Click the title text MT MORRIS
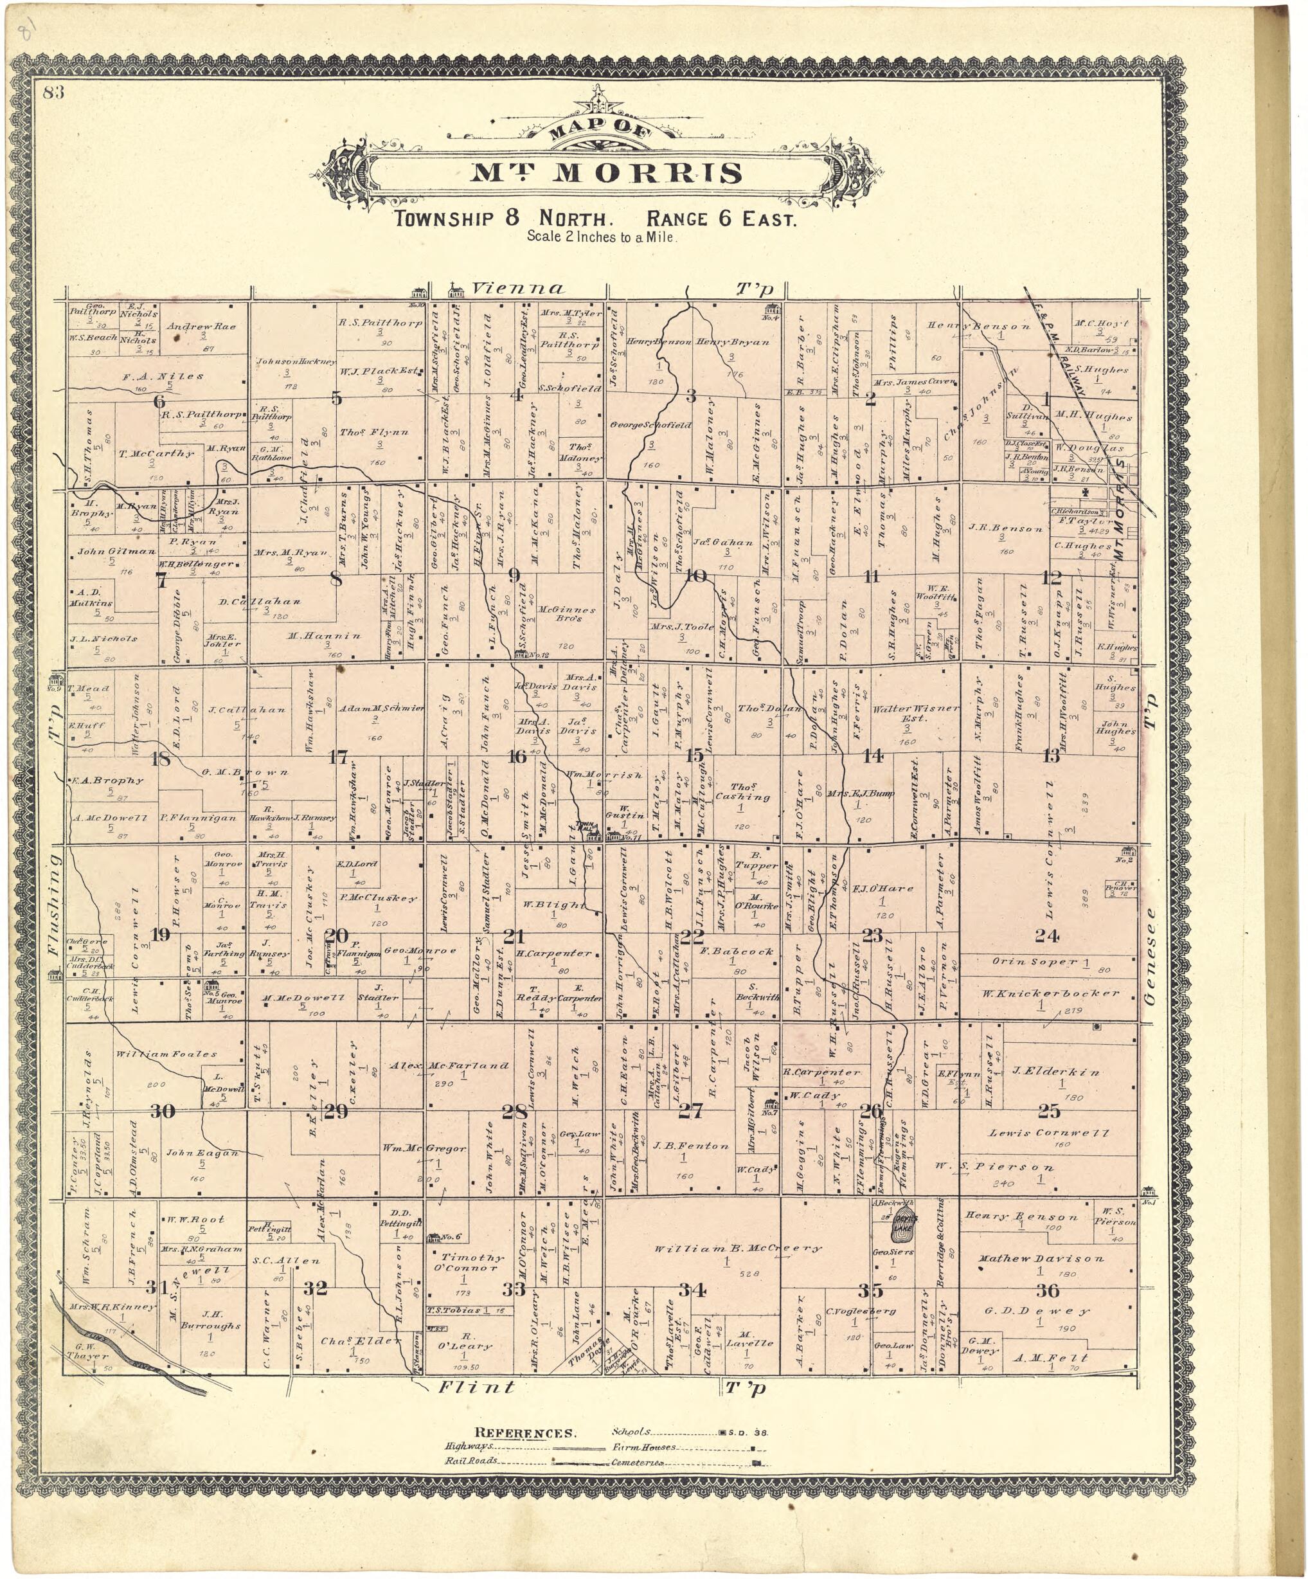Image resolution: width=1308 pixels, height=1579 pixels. click(x=606, y=173)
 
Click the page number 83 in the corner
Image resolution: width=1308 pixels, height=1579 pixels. click(x=53, y=93)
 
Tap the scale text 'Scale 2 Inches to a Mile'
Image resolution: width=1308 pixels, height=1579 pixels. click(x=602, y=236)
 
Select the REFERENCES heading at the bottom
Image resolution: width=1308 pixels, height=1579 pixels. click(x=524, y=1433)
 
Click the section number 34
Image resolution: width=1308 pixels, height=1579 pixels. click(x=691, y=1290)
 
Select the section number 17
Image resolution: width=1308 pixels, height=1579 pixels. click(x=337, y=757)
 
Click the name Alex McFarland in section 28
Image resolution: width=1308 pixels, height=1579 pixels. click(x=449, y=1065)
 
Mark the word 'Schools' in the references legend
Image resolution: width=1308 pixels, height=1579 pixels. click(x=631, y=1432)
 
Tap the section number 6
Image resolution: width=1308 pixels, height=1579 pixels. click(x=159, y=402)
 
